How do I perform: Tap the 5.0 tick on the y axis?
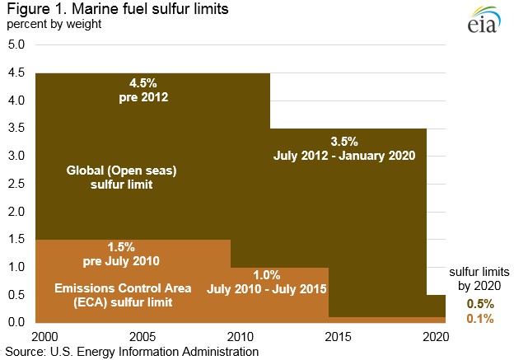tap(16, 45)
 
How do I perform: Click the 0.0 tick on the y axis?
tap(16, 322)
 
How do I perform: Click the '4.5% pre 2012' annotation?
tap(149, 90)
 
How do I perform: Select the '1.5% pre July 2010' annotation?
tap(132, 254)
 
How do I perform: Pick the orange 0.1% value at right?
tap(475, 318)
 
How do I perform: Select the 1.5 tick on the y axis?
tap(16, 240)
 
